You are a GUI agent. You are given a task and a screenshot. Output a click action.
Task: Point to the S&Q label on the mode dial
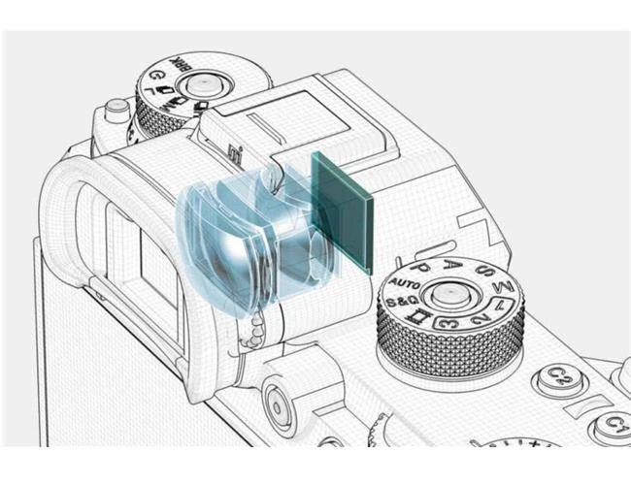[400, 303]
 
